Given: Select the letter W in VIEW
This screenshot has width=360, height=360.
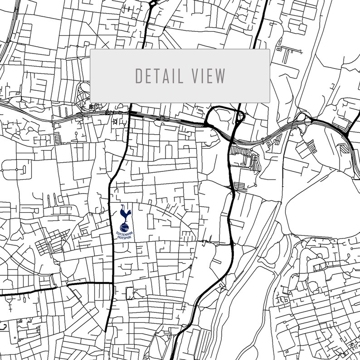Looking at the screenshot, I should [x=220, y=76].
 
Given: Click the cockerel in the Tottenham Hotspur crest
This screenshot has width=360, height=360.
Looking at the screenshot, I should [x=125, y=214].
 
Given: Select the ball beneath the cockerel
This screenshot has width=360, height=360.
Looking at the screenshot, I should [x=125, y=226].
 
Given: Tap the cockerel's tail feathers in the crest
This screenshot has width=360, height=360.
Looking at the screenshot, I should [x=128, y=213].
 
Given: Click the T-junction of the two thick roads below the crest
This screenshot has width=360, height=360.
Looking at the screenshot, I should [x=112, y=283].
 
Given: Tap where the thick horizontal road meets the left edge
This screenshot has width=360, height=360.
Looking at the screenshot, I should [x=1, y=295].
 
